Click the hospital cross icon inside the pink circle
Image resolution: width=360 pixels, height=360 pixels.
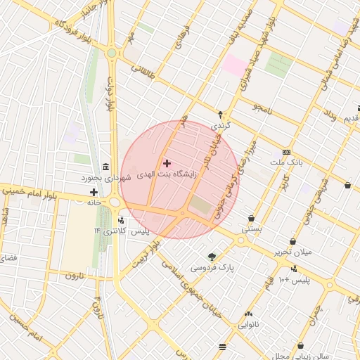pos(167,163)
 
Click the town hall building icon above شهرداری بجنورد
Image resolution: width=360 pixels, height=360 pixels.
pos(105,167)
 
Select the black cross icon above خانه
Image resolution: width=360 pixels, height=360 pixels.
pos(94,191)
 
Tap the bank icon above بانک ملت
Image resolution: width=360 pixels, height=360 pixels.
pos(286,152)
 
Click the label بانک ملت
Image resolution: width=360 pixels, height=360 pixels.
pos(286,162)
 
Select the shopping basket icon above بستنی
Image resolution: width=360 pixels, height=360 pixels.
pos(251,218)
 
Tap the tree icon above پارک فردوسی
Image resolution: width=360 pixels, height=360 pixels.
pos(212,257)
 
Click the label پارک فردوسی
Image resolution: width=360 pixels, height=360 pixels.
pos(216,268)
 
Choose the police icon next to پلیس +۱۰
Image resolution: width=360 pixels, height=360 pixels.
pos(294,269)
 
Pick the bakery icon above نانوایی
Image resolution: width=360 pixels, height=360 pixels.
pos(248,314)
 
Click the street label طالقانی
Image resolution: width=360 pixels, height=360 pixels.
pos(140,71)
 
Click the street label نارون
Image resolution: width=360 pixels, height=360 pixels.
pos(74,275)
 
